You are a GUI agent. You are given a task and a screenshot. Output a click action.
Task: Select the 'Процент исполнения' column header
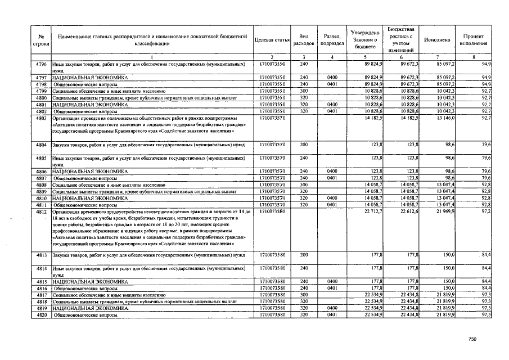(474, 40)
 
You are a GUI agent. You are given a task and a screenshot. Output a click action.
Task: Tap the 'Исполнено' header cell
(438, 40)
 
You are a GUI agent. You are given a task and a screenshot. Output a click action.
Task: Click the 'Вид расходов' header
(304, 40)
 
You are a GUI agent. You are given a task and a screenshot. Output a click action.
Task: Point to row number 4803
(40, 119)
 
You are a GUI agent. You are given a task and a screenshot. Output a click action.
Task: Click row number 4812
(40, 211)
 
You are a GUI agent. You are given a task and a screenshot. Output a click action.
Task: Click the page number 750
(472, 339)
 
